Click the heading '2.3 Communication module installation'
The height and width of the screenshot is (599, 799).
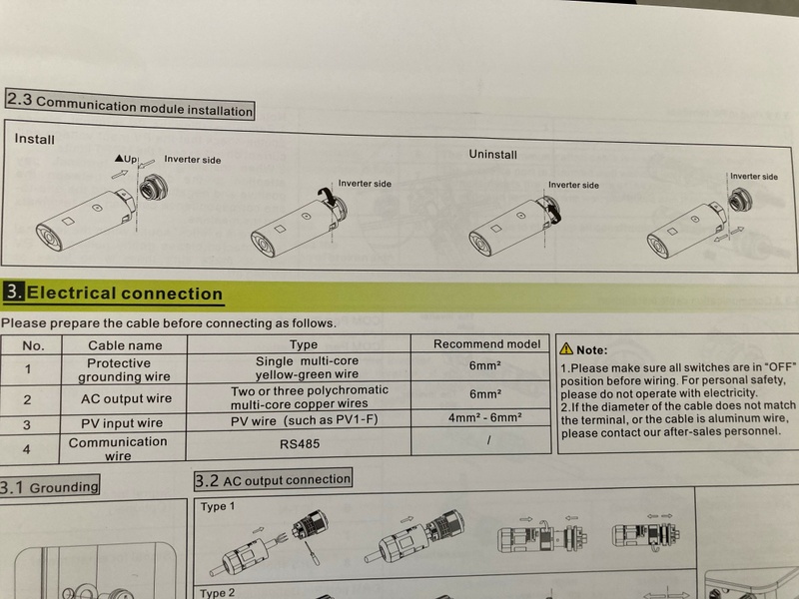pyautogui.click(x=130, y=105)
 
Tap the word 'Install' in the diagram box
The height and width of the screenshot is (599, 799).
pyautogui.click(x=34, y=139)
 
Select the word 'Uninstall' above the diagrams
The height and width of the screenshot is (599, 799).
pyautogui.click(x=492, y=154)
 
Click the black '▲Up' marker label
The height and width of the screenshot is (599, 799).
pyautogui.click(x=126, y=159)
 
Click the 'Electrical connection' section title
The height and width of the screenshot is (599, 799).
pyautogui.click(x=124, y=294)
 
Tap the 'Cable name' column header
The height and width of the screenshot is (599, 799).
pyautogui.click(x=125, y=345)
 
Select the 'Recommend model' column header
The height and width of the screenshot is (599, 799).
pyautogui.click(x=486, y=343)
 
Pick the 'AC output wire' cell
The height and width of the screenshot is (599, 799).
pyautogui.click(x=126, y=398)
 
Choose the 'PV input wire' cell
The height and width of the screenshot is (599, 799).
pyautogui.click(x=122, y=422)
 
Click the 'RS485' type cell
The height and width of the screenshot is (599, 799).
pyautogui.click(x=300, y=443)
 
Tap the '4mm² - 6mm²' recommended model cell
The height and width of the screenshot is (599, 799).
pyautogui.click(x=484, y=417)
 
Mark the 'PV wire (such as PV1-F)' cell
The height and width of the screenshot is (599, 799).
pyautogui.click(x=305, y=420)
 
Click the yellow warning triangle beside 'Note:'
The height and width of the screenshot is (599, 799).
pyautogui.click(x=566, y=348)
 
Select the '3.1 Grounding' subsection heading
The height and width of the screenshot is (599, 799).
pyautogui.click(x=49, y=487)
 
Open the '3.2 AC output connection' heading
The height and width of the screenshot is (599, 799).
pyautogui.click(x=273, y=480)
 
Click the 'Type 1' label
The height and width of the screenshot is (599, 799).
pyautogui.click(x=218, y=506)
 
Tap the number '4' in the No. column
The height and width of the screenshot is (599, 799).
pyautogui.click(x=26, y=449)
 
